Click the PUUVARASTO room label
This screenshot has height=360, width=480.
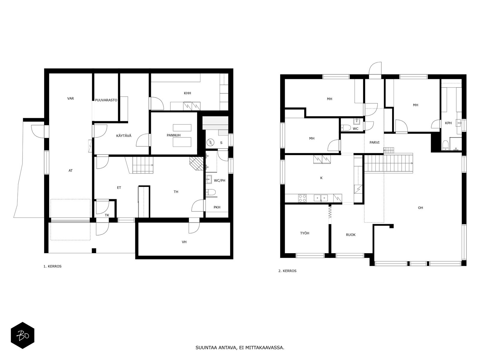click(x=106, y=100)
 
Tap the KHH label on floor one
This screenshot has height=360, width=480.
click(x=187, y=93)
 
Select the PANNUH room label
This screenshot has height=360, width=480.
click(x=174, y=135)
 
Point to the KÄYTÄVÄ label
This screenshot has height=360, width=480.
click(x=124, y=136)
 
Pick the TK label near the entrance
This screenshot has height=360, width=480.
click(x=107, y=215)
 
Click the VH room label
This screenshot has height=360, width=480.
click(x=184, y=242)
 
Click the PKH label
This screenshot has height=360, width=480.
click(x=217, y=207)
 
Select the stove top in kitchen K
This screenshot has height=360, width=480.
click(x=302, y=198)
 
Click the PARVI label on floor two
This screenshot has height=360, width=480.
click(x=374, y=142)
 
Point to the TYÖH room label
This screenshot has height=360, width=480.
click(x=304, y=233)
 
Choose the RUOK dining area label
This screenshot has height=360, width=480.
click(x=351, y=235)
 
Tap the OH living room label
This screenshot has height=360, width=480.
click(x=420, y=208)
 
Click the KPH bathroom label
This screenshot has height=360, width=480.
click(x=448, y=123)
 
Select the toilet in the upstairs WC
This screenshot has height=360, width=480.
click(x=346, y=127)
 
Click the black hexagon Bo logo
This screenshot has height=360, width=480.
click(x=22, y=335)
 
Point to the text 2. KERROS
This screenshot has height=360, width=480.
click(x=287, y=271)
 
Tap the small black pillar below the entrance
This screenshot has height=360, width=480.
click(x=94, y=251)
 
